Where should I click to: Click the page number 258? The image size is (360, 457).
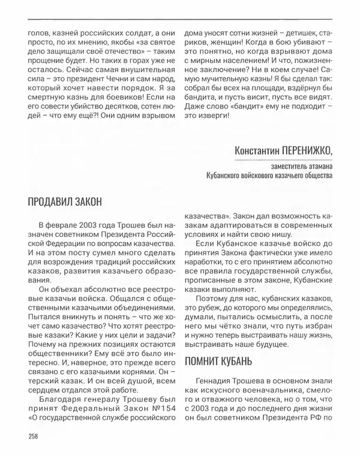click(x=34, y=436)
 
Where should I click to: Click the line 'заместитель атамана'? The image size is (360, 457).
click(x=296, y=166)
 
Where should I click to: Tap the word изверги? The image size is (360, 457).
click(x=211, y=114)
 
